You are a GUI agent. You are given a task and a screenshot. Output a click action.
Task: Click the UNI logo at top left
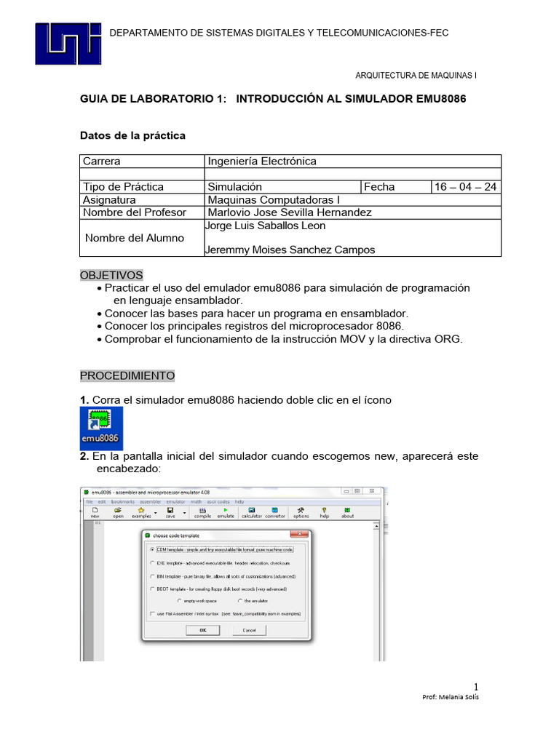point(70,44)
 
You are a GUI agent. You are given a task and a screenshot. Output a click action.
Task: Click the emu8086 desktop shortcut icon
point(101,428)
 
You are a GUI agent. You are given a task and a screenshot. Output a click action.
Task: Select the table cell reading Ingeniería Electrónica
point(262,162)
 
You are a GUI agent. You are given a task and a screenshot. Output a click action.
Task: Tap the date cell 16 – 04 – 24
point(465,187)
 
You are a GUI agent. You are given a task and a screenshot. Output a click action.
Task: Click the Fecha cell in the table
point(379,187)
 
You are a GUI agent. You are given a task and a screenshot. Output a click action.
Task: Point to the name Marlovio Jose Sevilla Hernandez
point(290,212)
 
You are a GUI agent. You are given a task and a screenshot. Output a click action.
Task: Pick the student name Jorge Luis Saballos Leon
point(266,226)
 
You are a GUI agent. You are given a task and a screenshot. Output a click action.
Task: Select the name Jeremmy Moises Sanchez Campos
point(291,250)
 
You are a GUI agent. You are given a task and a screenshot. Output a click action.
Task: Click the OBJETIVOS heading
point(111,275)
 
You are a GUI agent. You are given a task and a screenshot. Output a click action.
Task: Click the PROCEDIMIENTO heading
point(127,375)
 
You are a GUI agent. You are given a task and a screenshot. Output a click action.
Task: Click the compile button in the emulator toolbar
point(202,513)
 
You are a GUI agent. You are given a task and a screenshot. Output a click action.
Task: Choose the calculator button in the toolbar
point(251,513)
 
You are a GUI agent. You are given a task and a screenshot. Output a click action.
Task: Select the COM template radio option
point(152,549)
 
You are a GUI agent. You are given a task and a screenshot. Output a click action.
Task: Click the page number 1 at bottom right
point(476,687)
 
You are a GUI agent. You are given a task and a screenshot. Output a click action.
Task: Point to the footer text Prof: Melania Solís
point(451,697)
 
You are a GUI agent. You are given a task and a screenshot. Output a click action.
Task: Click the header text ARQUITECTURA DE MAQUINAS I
point(416,75)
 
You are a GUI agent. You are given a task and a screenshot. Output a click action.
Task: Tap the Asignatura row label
point(109,199)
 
